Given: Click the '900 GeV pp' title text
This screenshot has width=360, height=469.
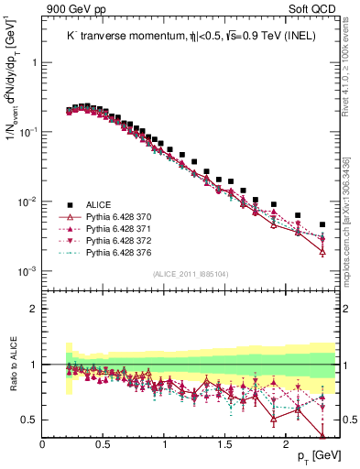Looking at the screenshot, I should [x=72, y=9].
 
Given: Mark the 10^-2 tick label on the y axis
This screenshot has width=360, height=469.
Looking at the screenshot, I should [x=27, y=202].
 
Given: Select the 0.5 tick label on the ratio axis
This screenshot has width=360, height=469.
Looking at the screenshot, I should [x=28, y=420].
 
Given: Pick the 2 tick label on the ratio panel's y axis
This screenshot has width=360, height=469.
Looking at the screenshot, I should [x=33, y=309].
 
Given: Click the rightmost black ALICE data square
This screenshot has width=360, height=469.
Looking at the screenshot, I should [x=322, y=224].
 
